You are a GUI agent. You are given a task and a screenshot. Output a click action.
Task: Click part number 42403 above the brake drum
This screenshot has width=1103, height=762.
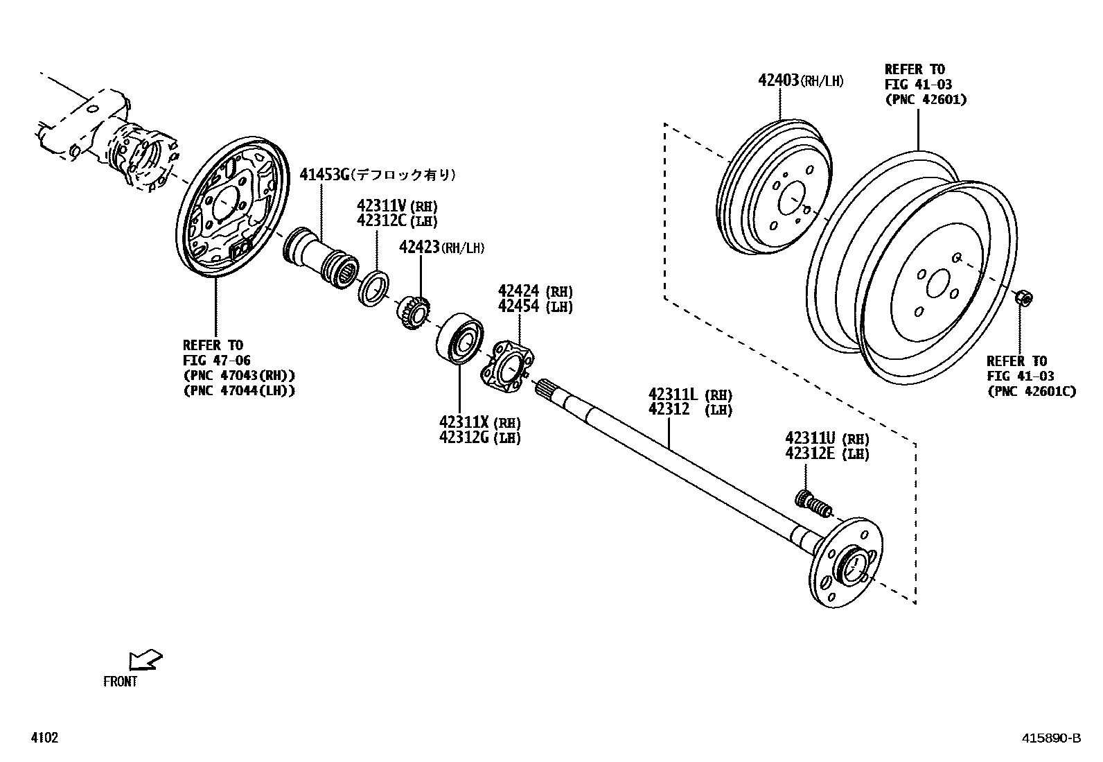pos(779,80)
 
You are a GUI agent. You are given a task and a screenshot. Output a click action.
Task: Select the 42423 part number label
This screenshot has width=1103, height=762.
pos(418,247)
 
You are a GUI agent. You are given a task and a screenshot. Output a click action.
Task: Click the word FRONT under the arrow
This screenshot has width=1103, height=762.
pos(121,682)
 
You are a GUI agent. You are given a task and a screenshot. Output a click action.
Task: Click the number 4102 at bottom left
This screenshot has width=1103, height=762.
pos(44,738)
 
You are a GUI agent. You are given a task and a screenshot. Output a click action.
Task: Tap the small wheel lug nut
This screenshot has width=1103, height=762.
pos(1023,298)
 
